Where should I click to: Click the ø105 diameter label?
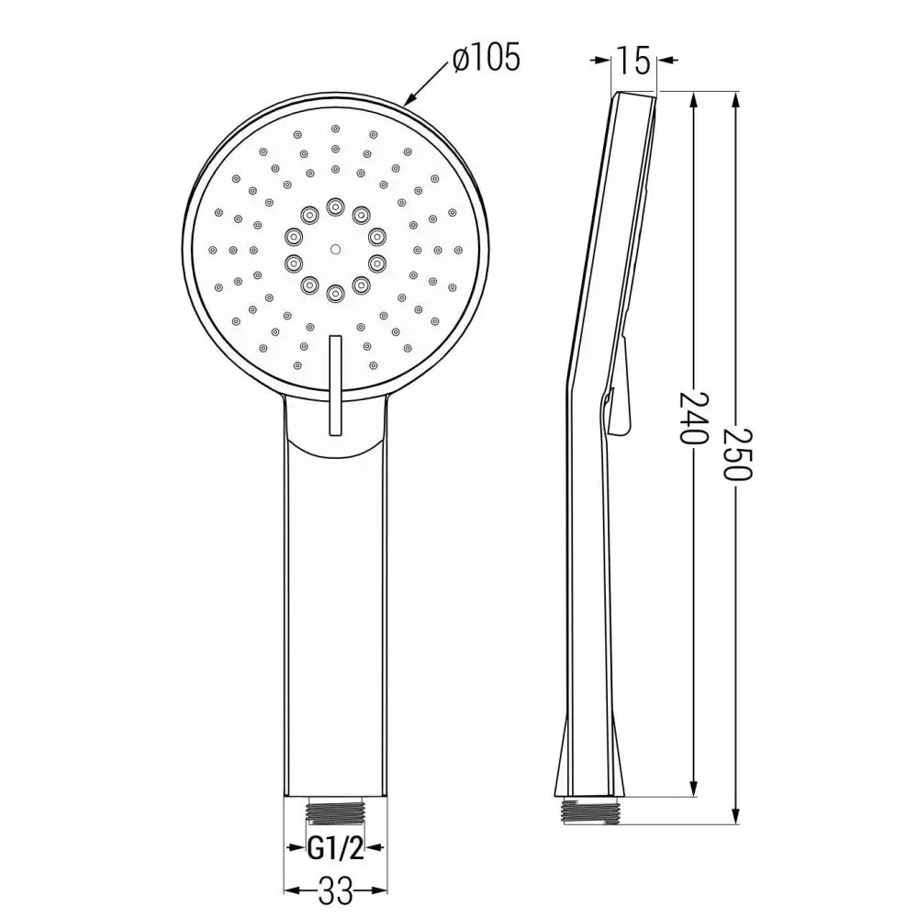(486, 59)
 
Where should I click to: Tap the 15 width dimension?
(633, 62)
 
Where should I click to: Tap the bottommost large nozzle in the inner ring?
(334, 292)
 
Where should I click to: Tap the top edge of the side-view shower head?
(633, 93)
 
